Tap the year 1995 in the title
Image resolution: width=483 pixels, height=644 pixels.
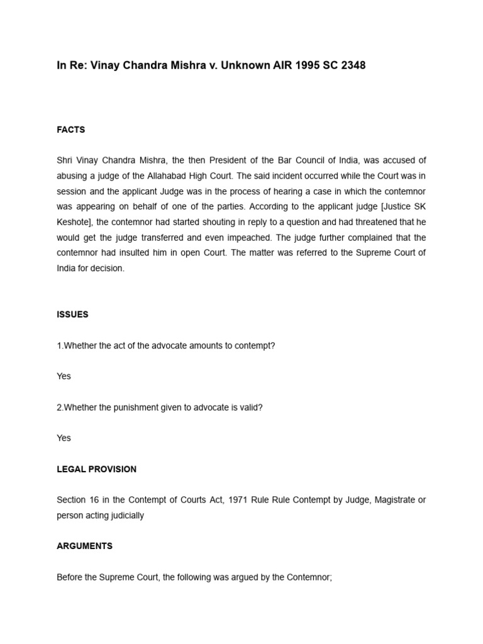(x=295, y=65)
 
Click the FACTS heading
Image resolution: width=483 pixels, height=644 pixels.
(x=70, y=130)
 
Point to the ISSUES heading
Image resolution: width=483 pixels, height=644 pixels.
(x=72, y=314)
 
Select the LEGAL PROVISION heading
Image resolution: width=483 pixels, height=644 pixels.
(x=96, y=469)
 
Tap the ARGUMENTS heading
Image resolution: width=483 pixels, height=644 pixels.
(x=84, y=546)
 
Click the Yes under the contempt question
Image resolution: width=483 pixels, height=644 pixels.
(x=64, y=376)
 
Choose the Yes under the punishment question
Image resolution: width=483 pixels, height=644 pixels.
(x=64, y=438)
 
